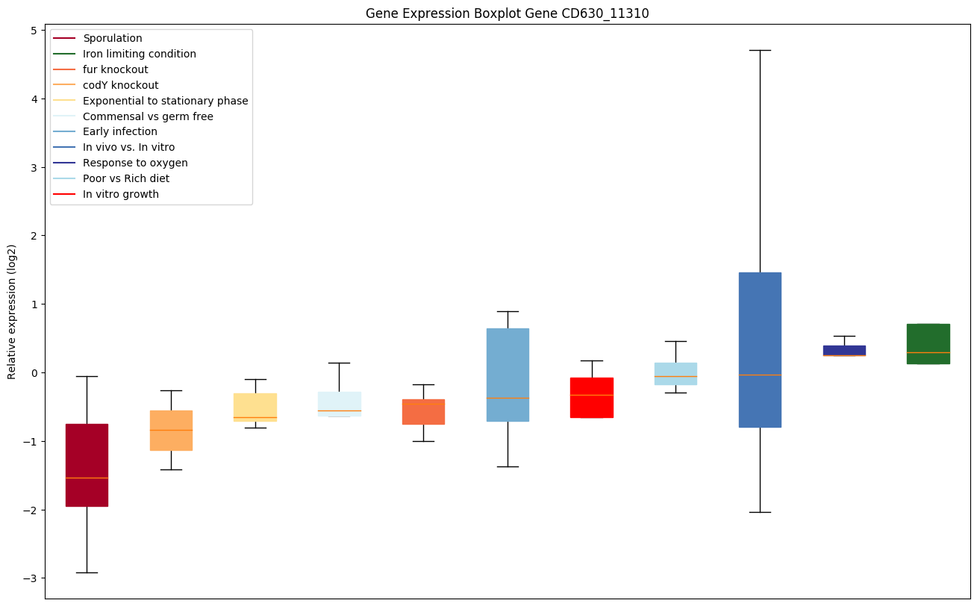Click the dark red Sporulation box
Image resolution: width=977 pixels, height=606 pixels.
point(87,465)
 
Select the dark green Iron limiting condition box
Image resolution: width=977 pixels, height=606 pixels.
point(928,344)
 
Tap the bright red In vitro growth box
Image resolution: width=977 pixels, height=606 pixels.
point(592,398)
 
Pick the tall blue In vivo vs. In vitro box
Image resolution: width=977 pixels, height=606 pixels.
point(760,350)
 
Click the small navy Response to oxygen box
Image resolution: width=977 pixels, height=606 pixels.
point(844,351)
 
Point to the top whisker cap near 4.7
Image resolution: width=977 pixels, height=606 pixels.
point(760,50)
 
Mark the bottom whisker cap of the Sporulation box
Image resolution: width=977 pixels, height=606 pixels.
point(87,572)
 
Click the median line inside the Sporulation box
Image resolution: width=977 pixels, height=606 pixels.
point(87,478)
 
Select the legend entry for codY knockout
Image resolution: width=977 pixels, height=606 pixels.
point(120,85)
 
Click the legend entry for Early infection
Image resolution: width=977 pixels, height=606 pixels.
point(119,132)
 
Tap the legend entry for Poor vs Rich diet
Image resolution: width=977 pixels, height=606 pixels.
point(125,179)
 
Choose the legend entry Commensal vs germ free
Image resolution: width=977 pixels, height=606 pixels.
point(148,116)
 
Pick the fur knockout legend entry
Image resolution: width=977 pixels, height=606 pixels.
point(116,69)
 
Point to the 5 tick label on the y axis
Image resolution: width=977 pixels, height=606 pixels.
point(34,31)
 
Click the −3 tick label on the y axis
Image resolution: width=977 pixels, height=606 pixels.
point(31,578)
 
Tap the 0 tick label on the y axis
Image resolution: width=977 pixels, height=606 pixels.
point(34,373)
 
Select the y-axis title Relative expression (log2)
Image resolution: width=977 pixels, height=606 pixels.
point(12,312)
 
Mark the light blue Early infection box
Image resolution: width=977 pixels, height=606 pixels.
point(508,375)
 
